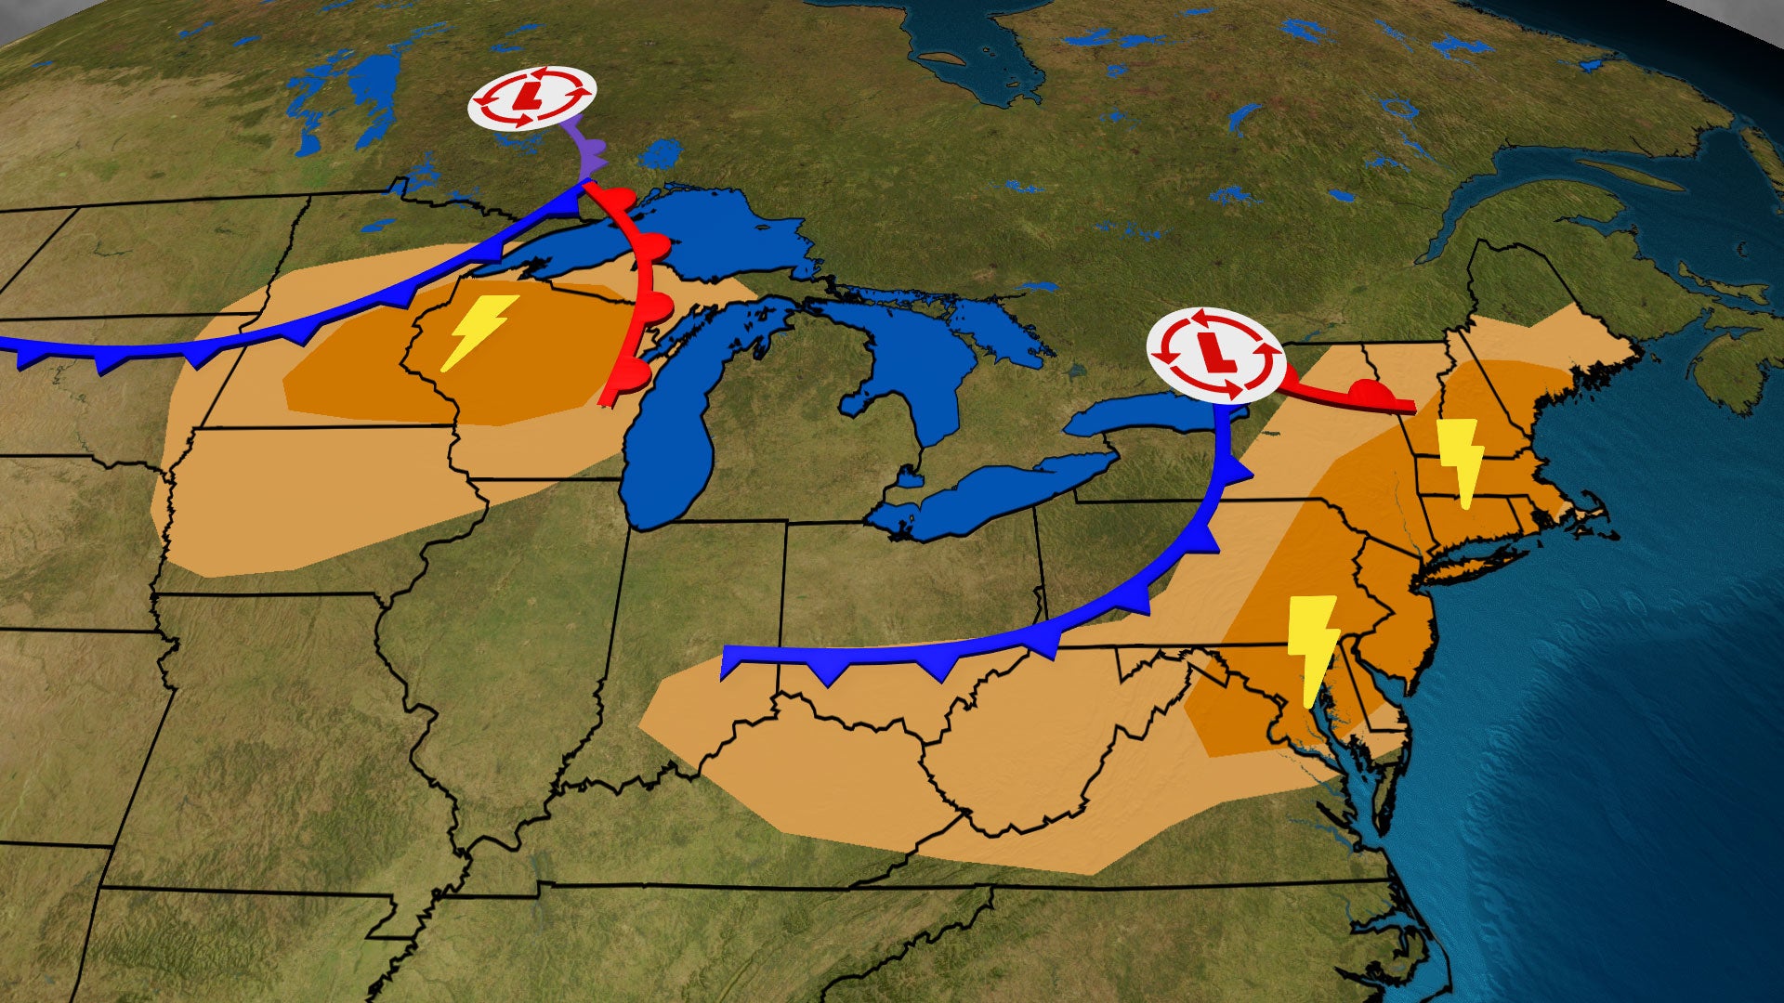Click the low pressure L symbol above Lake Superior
531,98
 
